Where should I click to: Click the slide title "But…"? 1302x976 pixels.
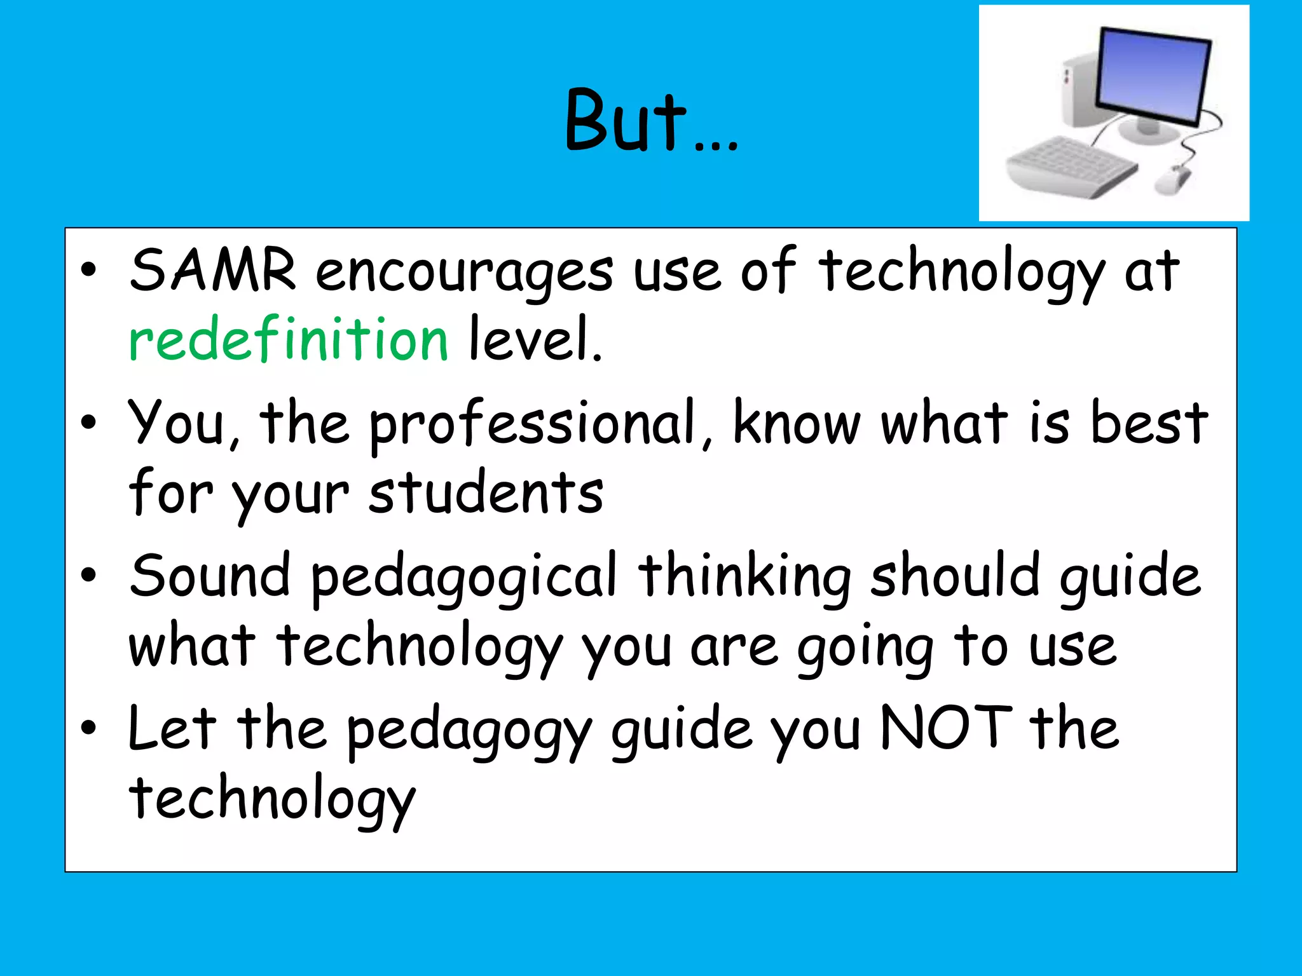[651, 121]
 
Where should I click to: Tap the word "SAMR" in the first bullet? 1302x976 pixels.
[212, 270]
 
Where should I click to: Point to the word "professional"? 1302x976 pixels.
[533, 424]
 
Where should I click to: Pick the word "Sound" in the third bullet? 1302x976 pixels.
[210, 576]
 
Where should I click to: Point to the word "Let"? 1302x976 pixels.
[172, 728]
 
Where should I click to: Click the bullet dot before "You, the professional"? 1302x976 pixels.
[89, 422]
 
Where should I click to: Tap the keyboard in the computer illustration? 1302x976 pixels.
[1071, 166]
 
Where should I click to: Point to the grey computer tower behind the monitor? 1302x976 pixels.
[1081, 89]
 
